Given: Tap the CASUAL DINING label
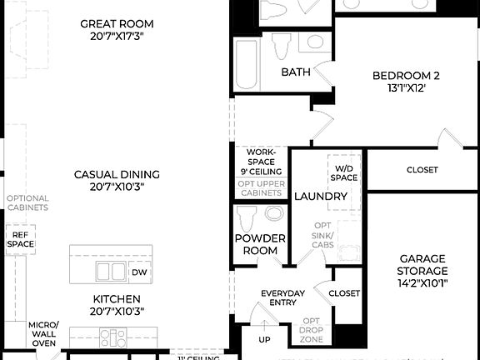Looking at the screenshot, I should pyautogui.click(x=117, y=181).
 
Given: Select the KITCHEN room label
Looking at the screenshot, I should pyautogui.click(x=117, y=305).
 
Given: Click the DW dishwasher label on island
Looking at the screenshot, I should pyautogui.click(x=139, y=272).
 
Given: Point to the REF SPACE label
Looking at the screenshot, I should pyautogui.click(x=21, y=238).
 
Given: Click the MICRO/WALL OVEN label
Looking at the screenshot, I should pyautogui.click(x=42, y=334).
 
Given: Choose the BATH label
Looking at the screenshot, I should pyautogui.click(x=295, y=72).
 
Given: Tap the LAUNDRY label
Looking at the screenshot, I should pyautogui.click(x=321, y=197).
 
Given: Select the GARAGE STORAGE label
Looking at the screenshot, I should pyautogui.click(x=423, y=271).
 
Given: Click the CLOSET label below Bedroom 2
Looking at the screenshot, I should pyautogui.click(x=422, y=170).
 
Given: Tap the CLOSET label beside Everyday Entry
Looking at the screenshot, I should pyautogui.click(x=344, y=293).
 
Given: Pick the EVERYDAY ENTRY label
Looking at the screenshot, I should pyautogui.click(x=282, y=299).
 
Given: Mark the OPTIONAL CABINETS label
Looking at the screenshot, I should pyautogui.click(x=27, y=204).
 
